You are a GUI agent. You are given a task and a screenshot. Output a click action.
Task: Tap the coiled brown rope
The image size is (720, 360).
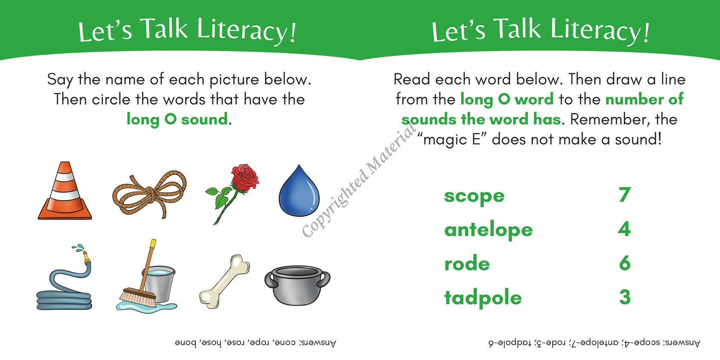point(149,194)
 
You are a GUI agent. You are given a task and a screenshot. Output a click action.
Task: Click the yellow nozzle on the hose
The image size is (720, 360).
point(87,258)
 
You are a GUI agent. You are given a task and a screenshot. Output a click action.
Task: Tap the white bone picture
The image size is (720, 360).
point(224,281)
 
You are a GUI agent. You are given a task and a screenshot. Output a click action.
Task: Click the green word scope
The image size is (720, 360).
point(474,196)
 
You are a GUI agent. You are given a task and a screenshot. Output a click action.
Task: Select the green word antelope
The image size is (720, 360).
point(488,230)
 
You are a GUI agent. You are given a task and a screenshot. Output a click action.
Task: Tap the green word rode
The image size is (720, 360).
point(467,263)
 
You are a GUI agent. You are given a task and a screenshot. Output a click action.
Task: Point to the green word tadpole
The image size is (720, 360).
point(483,298)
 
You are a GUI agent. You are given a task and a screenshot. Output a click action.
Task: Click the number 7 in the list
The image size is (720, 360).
point(624,195)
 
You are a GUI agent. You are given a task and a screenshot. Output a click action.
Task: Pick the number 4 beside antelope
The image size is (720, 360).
point(624,229)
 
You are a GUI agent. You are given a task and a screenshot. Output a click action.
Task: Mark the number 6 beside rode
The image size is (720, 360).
point(624,263)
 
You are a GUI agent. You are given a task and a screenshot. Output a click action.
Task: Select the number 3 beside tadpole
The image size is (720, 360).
point(624,297)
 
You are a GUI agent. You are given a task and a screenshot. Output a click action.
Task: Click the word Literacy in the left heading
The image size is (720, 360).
point(247,30)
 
